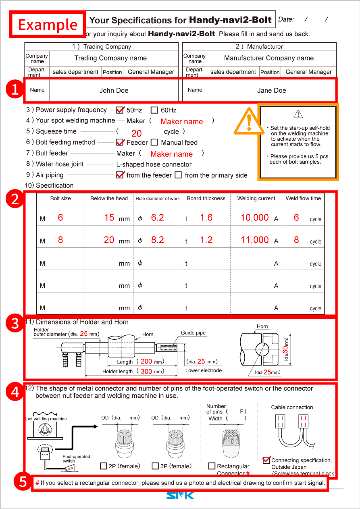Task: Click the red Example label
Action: pos(48,24)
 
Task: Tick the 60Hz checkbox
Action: pos(154,110)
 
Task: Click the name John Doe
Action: pos(114,90)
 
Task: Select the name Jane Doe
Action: pos(271,90)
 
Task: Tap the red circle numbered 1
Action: pos(15,90)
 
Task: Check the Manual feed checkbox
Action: pos(154,142)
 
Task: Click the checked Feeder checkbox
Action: pos(120,142)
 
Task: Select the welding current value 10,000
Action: pos(254,218)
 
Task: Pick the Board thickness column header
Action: pos(206,198)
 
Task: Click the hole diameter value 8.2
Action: pos(157,240)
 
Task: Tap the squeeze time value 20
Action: pos(137,133)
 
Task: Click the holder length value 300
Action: pos(146,371)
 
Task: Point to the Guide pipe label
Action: pos(193,333)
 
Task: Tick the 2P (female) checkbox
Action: pos(104,466)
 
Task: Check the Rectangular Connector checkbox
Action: pos(212,466)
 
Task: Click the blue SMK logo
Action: pos(180,495)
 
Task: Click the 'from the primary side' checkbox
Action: pos(178,175)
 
